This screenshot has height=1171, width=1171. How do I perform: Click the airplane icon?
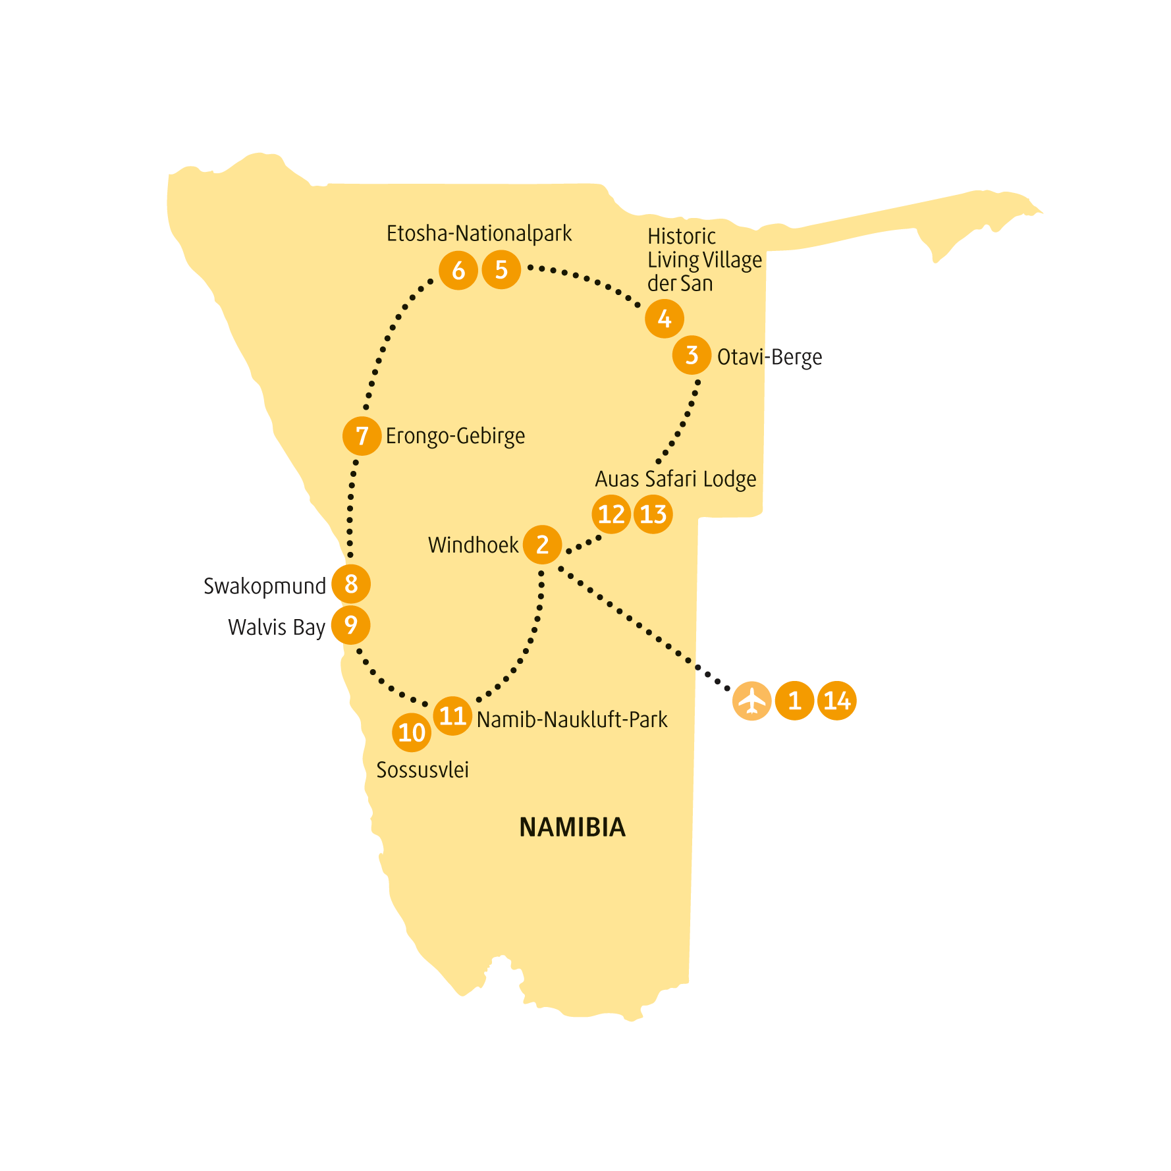point(751,701)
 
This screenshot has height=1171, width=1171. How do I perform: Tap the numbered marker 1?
point(794,701)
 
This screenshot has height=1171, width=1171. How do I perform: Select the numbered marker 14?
point(837,701)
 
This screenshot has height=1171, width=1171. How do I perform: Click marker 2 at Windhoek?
point(542,545)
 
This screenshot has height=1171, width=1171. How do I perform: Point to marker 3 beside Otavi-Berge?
point(692,355)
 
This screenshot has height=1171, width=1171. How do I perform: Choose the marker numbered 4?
point(665,319)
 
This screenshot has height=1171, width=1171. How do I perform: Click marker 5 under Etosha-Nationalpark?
point(501,269)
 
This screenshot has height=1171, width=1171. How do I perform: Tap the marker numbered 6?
point(458,270)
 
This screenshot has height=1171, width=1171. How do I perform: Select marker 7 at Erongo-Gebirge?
point(362,435)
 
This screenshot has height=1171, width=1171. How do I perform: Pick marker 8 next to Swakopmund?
point(351,584)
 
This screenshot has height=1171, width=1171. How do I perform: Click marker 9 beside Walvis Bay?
point(350,625)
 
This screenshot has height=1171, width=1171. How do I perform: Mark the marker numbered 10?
point(412,732)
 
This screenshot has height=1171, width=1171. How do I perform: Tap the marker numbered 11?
point(452,716)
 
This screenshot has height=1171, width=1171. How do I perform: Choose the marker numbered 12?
point(611,514)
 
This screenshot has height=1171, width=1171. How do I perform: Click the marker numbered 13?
point(653,514)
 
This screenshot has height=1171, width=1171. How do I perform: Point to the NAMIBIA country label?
point(572,827)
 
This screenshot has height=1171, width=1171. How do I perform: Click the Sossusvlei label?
point(422,770)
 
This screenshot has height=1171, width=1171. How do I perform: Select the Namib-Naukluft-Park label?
point(572,719)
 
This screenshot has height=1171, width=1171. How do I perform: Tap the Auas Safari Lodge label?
point(676,479)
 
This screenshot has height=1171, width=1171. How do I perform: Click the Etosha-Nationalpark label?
point(479,234)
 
